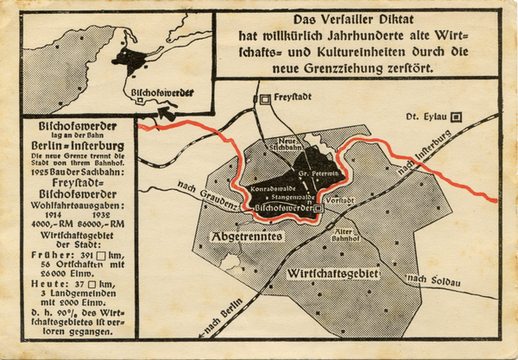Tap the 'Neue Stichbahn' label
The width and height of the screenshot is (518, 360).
point(286,143)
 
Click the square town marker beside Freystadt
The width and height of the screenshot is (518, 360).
point(266,99)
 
